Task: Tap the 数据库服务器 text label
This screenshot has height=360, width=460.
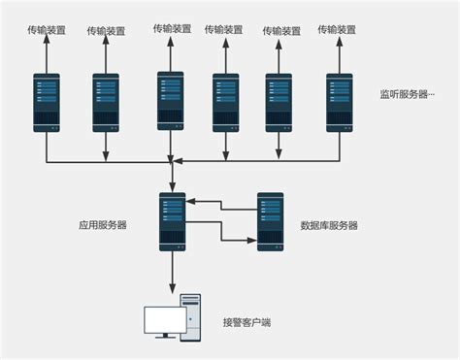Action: (330, 225)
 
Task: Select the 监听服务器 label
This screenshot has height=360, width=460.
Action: (407, 95)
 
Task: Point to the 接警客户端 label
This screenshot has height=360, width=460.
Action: (247, 322)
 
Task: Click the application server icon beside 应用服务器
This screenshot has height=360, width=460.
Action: (173, 222)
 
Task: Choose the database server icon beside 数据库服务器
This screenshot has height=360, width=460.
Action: (271, 222)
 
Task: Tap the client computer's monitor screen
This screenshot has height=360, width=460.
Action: (161, 320)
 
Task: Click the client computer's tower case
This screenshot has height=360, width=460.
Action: (190, 317)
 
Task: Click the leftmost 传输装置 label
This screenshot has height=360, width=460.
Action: (46, 30)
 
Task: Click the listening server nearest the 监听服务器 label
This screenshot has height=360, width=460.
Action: (340, 102)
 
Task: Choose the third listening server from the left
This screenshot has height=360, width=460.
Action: (171, 101)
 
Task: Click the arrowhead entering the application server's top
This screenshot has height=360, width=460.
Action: (173, 186)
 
